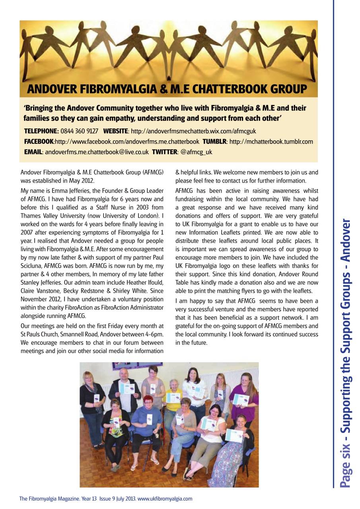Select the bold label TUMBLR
click(215, 142)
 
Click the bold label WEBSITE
click(116, 131)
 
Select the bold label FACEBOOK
click(39, 142)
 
